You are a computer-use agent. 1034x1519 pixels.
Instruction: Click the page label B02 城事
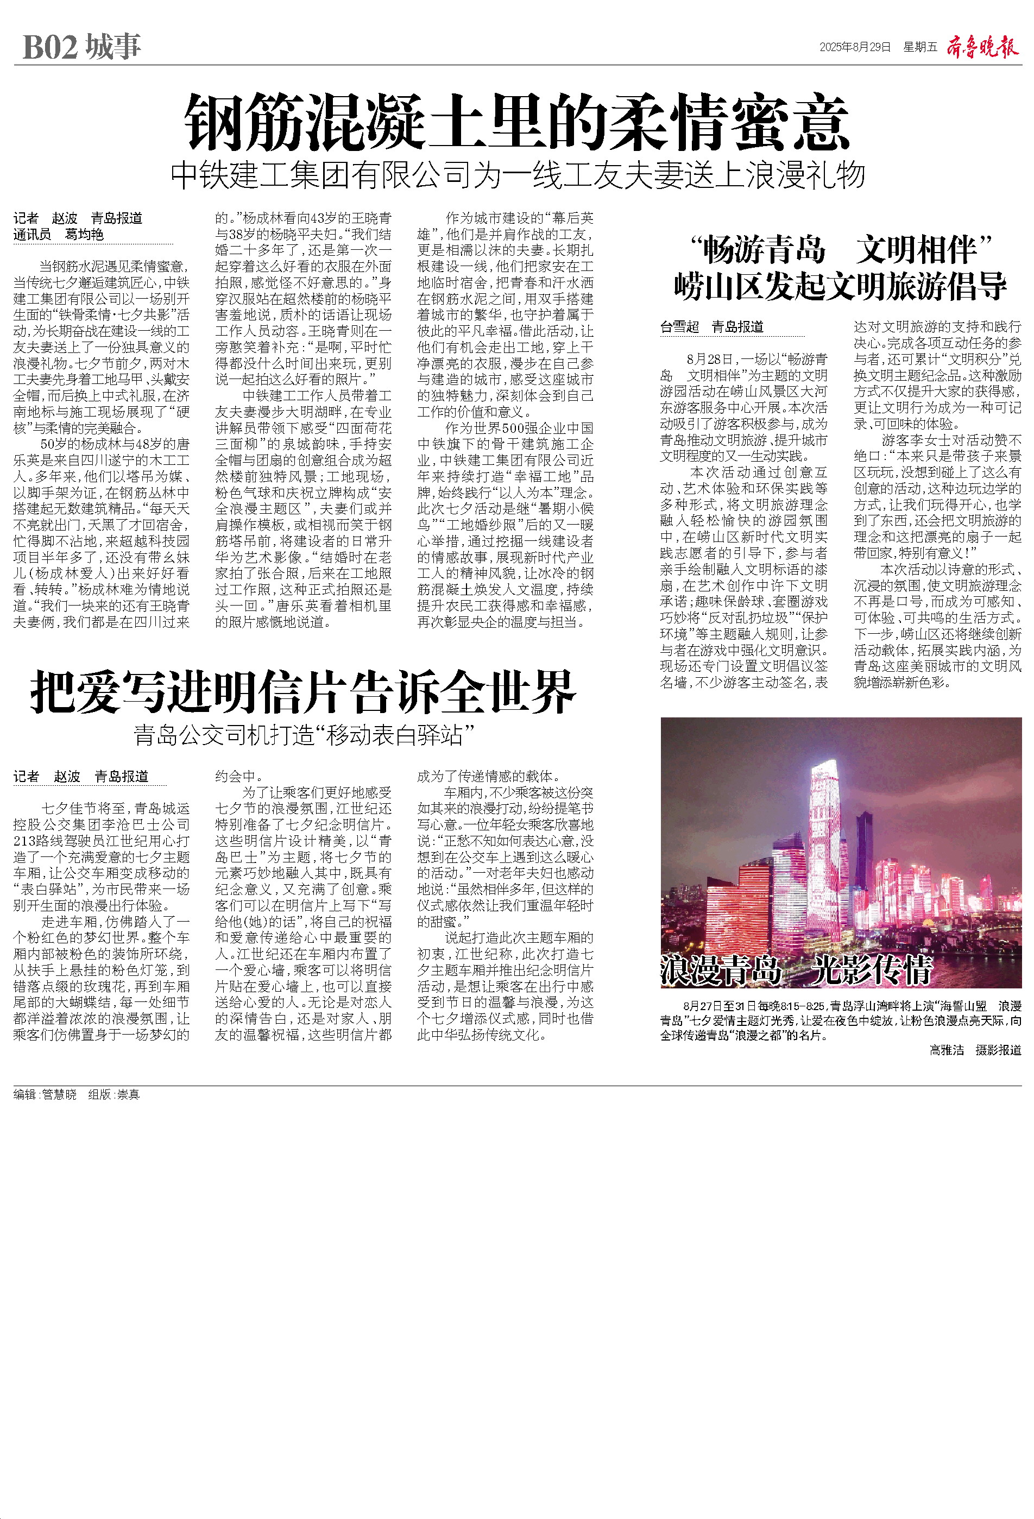coord(81,47)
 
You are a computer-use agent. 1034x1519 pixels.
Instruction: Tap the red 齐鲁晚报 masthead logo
coord(982,47)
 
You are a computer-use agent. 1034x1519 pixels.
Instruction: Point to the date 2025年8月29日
coord(855,47)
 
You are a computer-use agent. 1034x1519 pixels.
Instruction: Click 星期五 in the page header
coord(919,47)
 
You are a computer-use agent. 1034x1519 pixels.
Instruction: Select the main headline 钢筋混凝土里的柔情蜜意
coord(516,123)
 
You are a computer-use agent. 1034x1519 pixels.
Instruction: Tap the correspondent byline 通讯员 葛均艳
coord(59,235)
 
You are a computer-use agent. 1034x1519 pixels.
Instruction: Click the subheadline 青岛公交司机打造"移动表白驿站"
coord(303,735)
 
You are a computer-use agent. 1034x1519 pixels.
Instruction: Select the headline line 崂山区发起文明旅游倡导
coord(841,286)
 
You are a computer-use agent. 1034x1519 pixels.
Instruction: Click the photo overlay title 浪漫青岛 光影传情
coord(796,969)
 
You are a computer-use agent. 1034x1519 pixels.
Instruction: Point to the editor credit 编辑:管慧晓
coord(45,1095)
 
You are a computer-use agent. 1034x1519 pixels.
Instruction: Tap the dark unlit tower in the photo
coord(864,856)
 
